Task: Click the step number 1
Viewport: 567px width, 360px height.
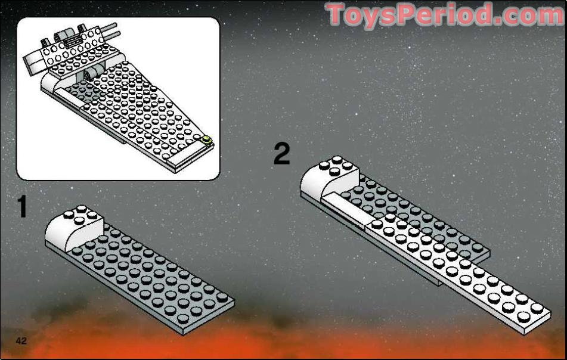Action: pos(21,207)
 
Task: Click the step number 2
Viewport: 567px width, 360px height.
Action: pos(281,154)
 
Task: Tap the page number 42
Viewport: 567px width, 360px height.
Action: pos(22,341)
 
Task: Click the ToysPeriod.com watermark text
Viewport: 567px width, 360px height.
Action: pos(444,15)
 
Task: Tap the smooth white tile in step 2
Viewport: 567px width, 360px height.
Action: pos(346,205)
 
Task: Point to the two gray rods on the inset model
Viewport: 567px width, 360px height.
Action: pos(107,30)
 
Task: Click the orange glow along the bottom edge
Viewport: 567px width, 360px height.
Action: pos(283,340)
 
